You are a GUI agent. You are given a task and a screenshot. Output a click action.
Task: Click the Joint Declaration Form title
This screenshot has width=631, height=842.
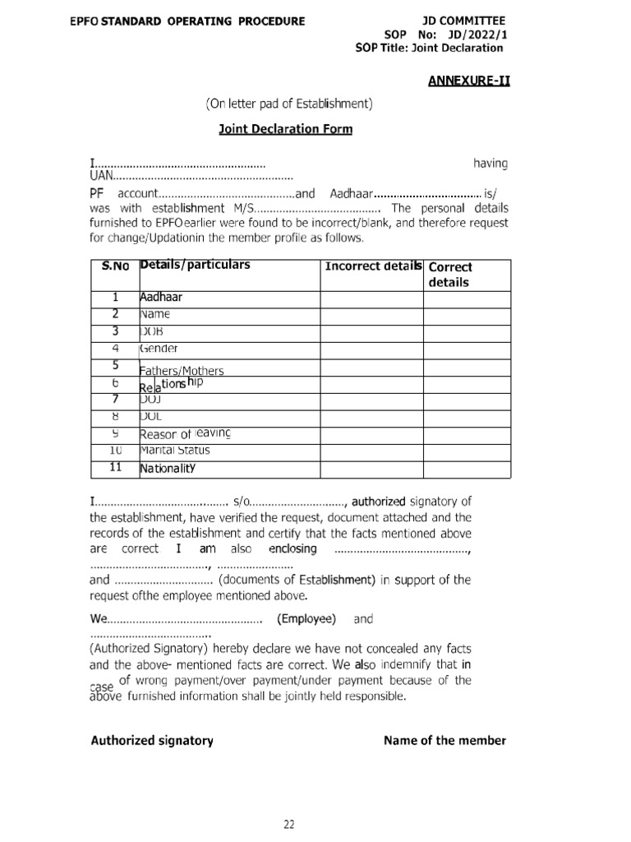pos(285,129)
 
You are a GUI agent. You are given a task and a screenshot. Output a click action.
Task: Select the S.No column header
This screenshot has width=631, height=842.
pos(115,266)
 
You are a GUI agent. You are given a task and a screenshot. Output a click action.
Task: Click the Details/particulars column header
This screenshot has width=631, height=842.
pos(196,265)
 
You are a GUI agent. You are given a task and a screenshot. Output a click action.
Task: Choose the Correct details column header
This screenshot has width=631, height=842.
pos(450,274)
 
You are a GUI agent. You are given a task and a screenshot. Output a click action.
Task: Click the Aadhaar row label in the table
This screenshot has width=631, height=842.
pos(161,298)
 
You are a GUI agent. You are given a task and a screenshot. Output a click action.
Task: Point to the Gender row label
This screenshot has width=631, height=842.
pos(159,348)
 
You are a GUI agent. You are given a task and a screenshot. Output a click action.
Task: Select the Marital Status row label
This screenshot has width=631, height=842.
pos(174,451)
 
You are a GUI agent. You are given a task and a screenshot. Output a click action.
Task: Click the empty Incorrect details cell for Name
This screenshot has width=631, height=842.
pos(371,314)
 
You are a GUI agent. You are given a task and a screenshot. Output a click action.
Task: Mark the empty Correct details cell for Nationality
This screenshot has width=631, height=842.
pos(467,469)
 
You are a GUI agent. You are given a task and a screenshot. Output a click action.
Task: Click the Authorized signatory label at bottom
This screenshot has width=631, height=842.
pos(152,740)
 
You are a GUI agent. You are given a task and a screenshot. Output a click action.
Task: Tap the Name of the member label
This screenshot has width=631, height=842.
pos(445,740)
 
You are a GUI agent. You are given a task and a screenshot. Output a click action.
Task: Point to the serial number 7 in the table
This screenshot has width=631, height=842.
pos(115,399)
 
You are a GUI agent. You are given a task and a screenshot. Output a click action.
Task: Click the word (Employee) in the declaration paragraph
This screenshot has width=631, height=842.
pos(306,618)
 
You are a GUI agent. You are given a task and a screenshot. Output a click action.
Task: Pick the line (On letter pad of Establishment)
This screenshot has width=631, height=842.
pos(289,104)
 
